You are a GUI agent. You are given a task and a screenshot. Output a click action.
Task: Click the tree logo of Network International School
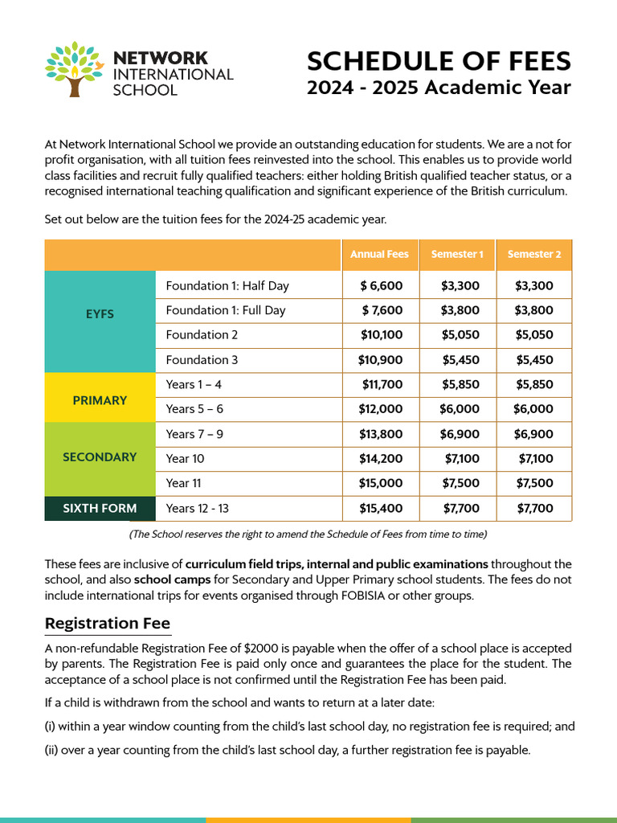[x=76, y=68]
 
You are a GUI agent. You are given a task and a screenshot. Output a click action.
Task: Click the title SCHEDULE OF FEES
[x=439, y=61]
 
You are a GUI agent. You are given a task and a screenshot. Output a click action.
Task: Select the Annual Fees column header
[x=379, y=254]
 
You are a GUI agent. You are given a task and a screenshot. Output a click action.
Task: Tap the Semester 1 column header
[x=457, y=254]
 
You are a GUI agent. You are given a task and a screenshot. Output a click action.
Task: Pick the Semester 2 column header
[x=533, y=254]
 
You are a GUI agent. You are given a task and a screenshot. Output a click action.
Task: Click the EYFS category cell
[x=100, y=314]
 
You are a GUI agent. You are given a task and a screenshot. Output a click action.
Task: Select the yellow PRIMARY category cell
[x=100, y=399]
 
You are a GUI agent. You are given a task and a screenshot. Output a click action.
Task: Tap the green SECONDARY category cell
[x=100, y=457]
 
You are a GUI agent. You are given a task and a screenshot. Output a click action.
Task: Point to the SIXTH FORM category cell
[x=100, y=508]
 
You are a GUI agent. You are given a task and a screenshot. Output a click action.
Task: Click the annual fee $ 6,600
[x=382, y=285]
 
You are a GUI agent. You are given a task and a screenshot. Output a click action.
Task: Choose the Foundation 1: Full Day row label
[x=226, y=310]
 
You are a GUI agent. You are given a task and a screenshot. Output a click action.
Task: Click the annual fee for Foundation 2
[x=381, y=334]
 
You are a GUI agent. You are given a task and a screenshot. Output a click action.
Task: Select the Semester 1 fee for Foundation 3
[x=461, y=359]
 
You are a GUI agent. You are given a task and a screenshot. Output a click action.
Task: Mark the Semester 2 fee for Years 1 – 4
[x=534, y=384]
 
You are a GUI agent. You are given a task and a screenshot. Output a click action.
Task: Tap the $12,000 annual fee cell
[x=381, y=409]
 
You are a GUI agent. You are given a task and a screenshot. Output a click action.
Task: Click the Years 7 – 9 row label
[x=194, y=434]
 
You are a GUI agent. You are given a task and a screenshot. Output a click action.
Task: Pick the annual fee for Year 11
[x=381, y=483]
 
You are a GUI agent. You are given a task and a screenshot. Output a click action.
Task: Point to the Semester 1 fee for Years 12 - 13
[x=461, y=508]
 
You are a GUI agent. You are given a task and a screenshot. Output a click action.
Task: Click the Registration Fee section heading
[x=108, y=624]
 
